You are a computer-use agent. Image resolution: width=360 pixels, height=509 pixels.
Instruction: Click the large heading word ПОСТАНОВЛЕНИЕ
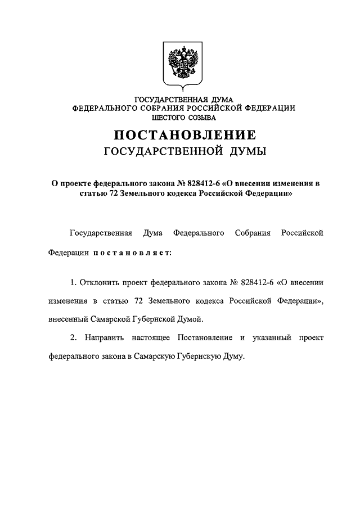point(185,135)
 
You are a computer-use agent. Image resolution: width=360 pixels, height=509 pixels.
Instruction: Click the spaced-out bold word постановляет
point(132,253)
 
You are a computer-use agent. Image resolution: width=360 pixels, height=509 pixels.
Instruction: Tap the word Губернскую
point(199,357)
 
